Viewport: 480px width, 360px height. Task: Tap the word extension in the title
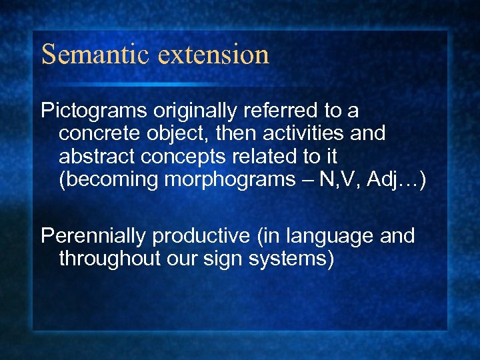click(214, 55)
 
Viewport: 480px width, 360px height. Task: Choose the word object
click(178, 134)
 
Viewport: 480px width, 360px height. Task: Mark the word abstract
click(99, 156)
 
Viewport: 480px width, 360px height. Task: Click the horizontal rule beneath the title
click(200, 84)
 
